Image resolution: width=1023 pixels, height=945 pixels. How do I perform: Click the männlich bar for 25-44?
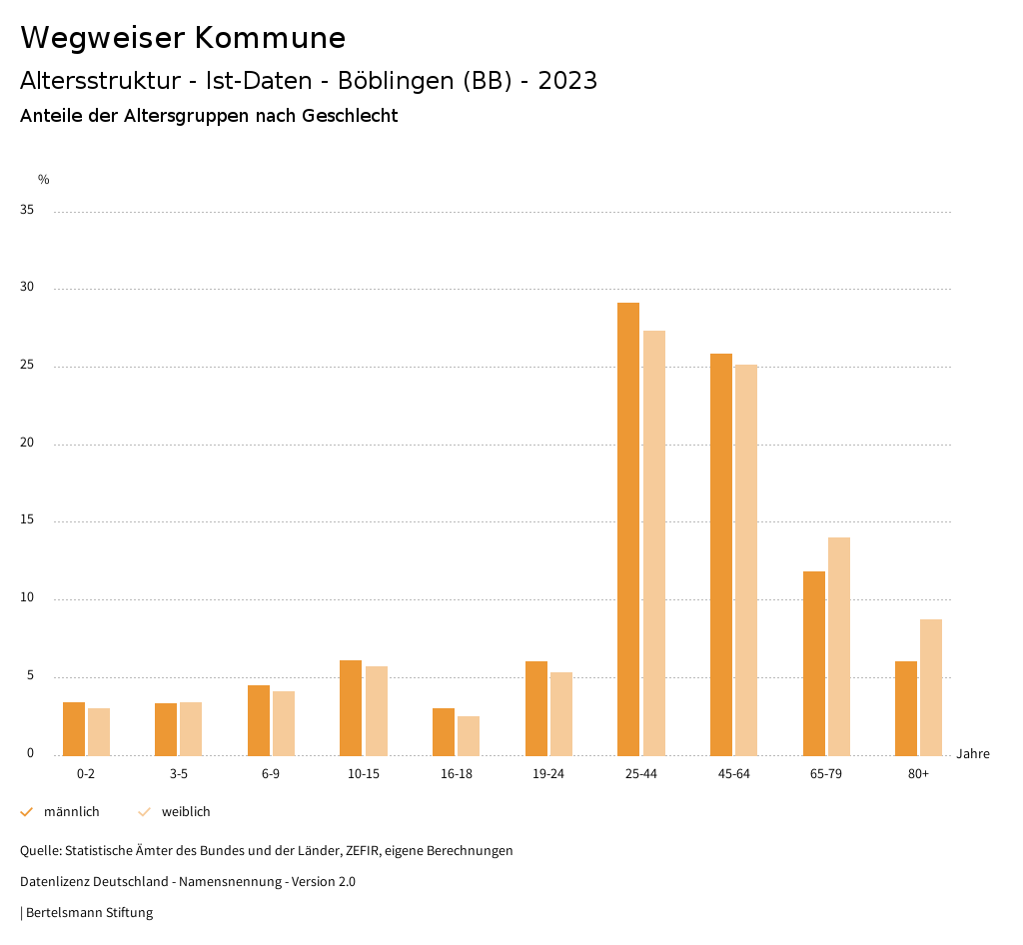(x=628, y=529)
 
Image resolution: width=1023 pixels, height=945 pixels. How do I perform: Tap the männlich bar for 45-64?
(x=721, y=554)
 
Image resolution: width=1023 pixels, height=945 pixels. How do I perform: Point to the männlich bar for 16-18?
(x=444, y=732)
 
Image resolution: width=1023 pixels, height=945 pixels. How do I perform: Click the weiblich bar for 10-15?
(x=377, y=711)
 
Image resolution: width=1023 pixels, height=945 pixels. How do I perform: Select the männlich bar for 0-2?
(x=74, y=729)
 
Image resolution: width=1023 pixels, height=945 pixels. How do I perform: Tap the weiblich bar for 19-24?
(x=561, y=714)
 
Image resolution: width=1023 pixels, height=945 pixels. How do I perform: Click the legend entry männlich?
(x=71, y=812)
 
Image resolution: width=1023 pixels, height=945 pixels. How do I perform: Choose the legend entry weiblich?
(x=186, y=812)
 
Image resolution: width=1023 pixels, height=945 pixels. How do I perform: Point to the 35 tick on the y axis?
(x=27, y=211)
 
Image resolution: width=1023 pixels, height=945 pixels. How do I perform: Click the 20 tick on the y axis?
(x=27, y=444)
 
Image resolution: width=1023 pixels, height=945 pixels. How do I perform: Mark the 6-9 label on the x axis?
(x=271, y=774)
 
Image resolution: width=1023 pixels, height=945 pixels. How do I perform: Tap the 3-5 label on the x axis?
(x=179, y=774)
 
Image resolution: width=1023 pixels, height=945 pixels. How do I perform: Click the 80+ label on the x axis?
(x=918, y=774)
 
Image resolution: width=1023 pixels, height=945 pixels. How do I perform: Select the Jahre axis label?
(x=973, y=754)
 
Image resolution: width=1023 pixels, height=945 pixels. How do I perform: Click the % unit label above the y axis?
(x=43, y=180)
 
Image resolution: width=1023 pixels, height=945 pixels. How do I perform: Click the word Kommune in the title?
(x=270, y=38)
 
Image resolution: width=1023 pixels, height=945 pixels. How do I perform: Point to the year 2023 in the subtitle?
(x=567, y=81)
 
